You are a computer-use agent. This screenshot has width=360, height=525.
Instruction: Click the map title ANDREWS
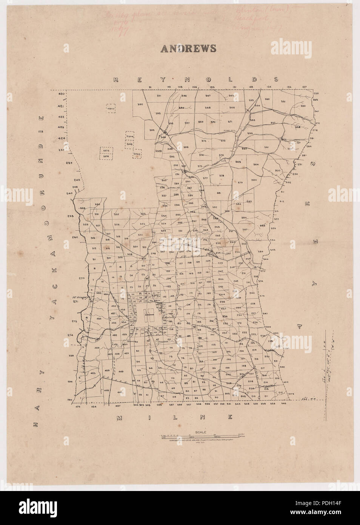(188, 49)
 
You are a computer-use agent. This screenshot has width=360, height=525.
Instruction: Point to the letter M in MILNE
(120, 417)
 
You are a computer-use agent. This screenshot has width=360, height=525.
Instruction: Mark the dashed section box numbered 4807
(111, 109)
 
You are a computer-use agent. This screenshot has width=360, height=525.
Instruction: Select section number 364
(256, 164)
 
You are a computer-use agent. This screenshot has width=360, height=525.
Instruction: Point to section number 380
(254, 180)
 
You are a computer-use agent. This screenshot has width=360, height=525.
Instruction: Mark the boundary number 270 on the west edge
(81, 278)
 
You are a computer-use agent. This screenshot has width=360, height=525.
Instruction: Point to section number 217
(263, 368)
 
